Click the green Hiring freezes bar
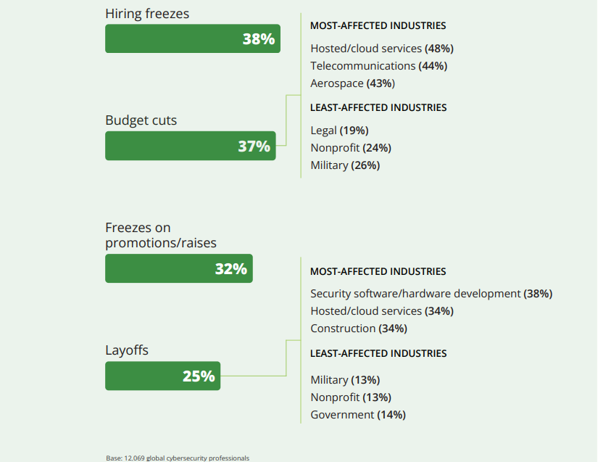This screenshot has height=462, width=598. point(192,39)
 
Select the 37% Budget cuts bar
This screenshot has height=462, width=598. point(190,146)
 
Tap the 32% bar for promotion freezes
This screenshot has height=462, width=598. point(178,268)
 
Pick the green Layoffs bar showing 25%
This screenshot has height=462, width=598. point(162,376)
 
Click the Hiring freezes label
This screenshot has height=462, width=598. point(147,14)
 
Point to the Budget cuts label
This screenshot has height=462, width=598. point(141,120)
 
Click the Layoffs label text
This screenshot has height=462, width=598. point(127,350)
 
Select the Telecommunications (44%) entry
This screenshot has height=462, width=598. point(378,66)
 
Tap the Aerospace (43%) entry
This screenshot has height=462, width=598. point(352,83)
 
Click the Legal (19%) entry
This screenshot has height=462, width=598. point(339,131)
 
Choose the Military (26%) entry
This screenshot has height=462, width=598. point(345,165)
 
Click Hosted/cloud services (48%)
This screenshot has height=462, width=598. point(381,49)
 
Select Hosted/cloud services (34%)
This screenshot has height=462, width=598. point(381,311)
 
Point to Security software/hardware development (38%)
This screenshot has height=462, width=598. point(431,294)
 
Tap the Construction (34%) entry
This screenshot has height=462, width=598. point(358,329)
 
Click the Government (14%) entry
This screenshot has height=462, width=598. point(357,415)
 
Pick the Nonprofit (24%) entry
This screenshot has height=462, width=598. point(351,148)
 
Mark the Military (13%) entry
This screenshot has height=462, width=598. point(345,380)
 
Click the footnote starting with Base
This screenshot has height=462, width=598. point(177,458)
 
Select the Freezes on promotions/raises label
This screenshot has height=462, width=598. point(161,236)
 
